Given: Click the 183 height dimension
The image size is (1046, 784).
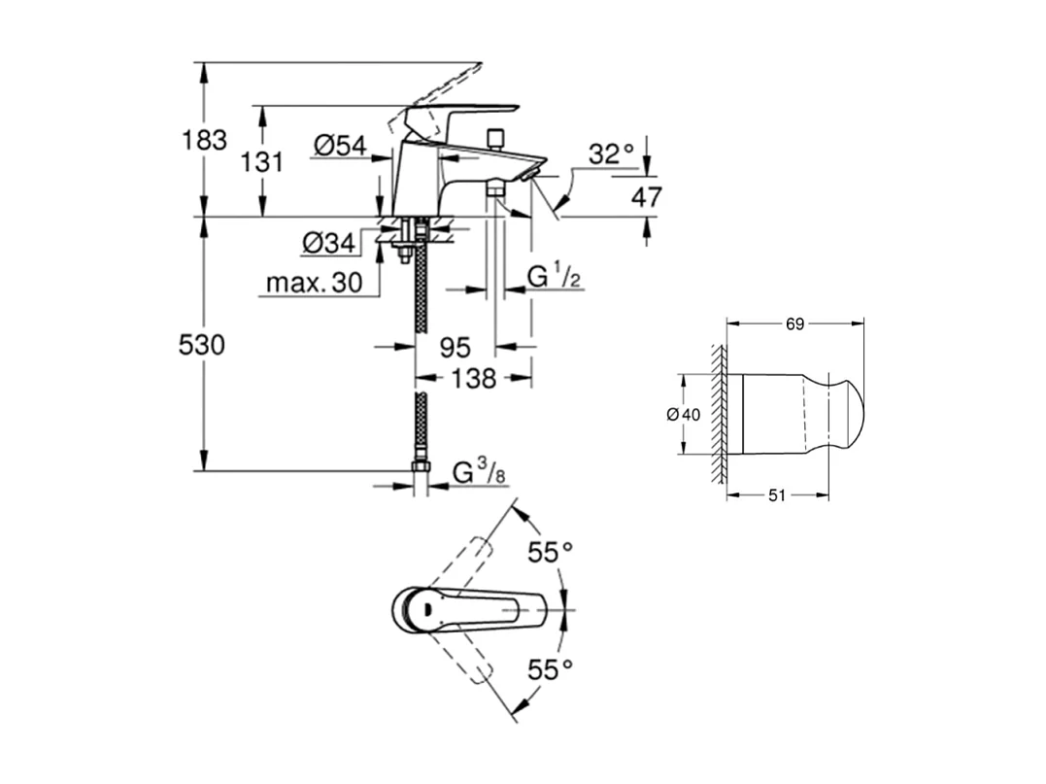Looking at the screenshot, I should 204,140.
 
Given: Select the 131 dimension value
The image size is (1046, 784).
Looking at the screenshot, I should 261,162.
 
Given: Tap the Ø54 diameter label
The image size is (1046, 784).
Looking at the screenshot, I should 340,146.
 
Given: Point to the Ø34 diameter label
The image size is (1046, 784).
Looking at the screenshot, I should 327,243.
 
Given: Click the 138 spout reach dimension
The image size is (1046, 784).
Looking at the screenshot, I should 474,378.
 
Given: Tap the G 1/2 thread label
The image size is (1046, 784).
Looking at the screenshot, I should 555,277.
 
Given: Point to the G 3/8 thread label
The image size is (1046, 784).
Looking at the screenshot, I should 479,473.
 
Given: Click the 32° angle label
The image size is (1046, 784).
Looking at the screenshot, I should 611,153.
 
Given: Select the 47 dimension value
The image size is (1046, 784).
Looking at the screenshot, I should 646,198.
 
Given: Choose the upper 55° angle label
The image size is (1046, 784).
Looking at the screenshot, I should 550,553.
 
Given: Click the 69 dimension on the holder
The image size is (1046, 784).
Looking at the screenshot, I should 794,324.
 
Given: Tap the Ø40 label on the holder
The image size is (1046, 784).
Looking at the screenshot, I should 683,414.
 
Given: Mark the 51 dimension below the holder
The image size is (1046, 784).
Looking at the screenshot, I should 777,495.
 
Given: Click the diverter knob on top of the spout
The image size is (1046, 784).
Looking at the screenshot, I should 496,137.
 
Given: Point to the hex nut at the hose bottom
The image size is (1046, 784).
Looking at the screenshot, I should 421,468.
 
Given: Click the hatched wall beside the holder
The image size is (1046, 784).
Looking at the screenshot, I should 719,414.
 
